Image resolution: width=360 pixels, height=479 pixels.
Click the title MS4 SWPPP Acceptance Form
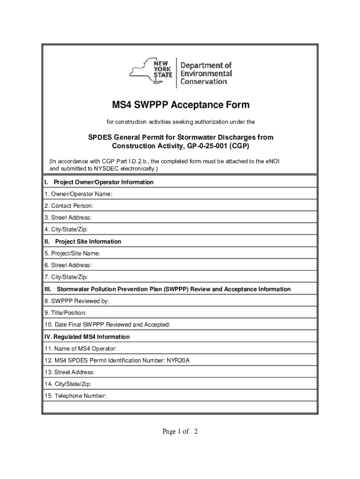point(180,105)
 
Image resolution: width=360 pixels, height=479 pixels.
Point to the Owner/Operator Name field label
point(78,194)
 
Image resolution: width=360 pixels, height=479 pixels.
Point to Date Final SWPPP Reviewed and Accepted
point(107,325)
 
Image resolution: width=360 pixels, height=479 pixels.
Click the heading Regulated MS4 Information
point(86,337)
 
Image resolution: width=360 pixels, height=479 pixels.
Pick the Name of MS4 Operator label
point(80,348)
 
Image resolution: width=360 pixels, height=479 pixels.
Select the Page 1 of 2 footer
point(180,431)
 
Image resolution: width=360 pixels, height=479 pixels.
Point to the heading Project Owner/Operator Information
point(103,182)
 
